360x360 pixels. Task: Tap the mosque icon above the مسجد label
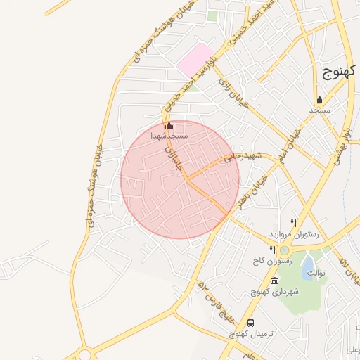[319, 99]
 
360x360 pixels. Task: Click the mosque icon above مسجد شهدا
[168, 126]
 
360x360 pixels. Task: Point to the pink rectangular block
[195, 60]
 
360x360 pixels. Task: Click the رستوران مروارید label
[294, 233]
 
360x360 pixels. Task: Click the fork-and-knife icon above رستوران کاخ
[272, 250]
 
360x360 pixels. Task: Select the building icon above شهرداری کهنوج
[274, 281]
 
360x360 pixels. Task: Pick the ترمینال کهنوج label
[241, 334]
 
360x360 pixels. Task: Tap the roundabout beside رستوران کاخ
[285, 250]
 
